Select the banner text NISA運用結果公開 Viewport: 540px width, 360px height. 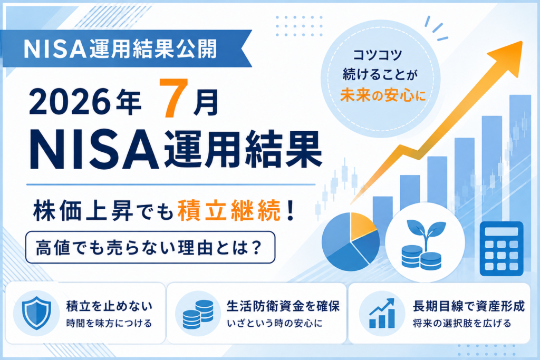point(120,49)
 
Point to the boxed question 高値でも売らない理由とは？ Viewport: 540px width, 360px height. point(150,247)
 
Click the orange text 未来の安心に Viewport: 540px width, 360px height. point(383,95)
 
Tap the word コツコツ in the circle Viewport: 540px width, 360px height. point(378,55)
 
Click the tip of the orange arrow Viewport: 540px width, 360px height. point(522,42)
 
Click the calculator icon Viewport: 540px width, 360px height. point(501,248)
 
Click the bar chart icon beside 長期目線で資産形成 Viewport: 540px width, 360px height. point(382,313)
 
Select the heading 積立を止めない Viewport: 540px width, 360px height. point(109,306)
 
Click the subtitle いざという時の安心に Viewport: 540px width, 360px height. point(274,324)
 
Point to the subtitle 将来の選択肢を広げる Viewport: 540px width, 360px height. point(462,324)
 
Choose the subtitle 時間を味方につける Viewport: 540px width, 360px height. point(109,324)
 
